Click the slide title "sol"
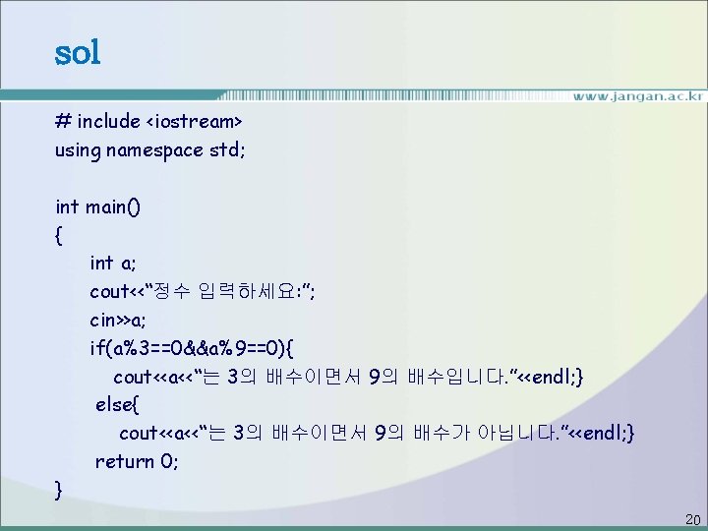78,52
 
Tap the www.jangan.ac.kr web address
638,96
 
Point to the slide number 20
691,519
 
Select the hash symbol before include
62,122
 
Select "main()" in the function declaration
113,207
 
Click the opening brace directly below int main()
60,236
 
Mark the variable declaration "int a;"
113,264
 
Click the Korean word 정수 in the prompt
189,292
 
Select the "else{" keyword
117,404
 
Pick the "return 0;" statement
137,461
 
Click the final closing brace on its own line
60,489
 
